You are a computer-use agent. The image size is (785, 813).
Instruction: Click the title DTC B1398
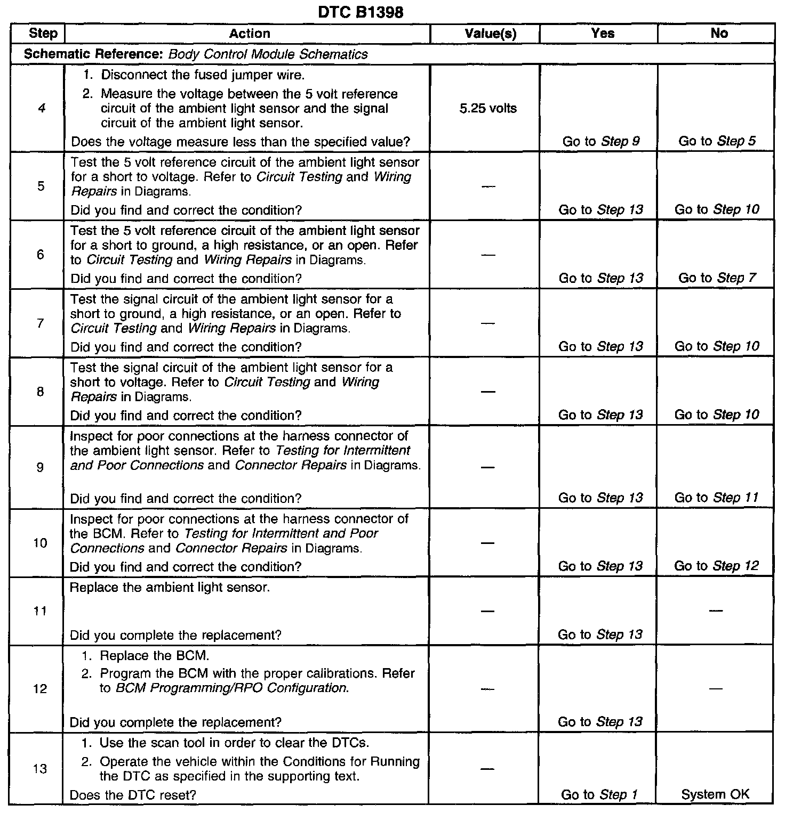(x=361, y=12)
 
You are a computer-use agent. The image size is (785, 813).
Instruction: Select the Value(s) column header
(x=490, y=34)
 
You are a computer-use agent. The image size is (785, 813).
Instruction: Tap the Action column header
(x=250, y=34)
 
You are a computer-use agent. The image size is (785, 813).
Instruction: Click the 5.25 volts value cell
(x=487, y=109)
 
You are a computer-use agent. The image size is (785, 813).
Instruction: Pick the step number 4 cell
(x=42, y=109)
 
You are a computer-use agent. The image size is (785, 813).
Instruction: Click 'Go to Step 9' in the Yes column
(x=601, y=142)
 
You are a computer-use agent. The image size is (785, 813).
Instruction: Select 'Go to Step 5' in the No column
(x=717, y=142)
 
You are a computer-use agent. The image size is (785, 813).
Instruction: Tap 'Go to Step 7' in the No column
(x=717, y=278)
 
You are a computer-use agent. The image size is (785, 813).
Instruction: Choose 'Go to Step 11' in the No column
(x=716, y=498)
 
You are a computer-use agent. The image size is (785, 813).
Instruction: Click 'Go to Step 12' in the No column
(x=716, y=566)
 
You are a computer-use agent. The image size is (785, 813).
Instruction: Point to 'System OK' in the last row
(x=715, y=795)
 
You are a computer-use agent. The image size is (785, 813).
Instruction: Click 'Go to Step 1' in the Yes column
(x=599, y=795)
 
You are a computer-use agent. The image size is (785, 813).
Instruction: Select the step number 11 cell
(x=40, y=611)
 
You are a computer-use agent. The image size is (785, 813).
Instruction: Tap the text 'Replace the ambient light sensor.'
(x=170, y=588)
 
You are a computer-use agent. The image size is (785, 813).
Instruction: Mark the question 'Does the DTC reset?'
(x=133, y=795)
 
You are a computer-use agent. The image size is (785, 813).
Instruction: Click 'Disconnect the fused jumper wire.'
(x=203, y=75)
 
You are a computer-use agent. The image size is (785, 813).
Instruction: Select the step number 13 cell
(x=40, y=769)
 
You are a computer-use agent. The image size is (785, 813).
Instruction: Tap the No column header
(x=719, y=34)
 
